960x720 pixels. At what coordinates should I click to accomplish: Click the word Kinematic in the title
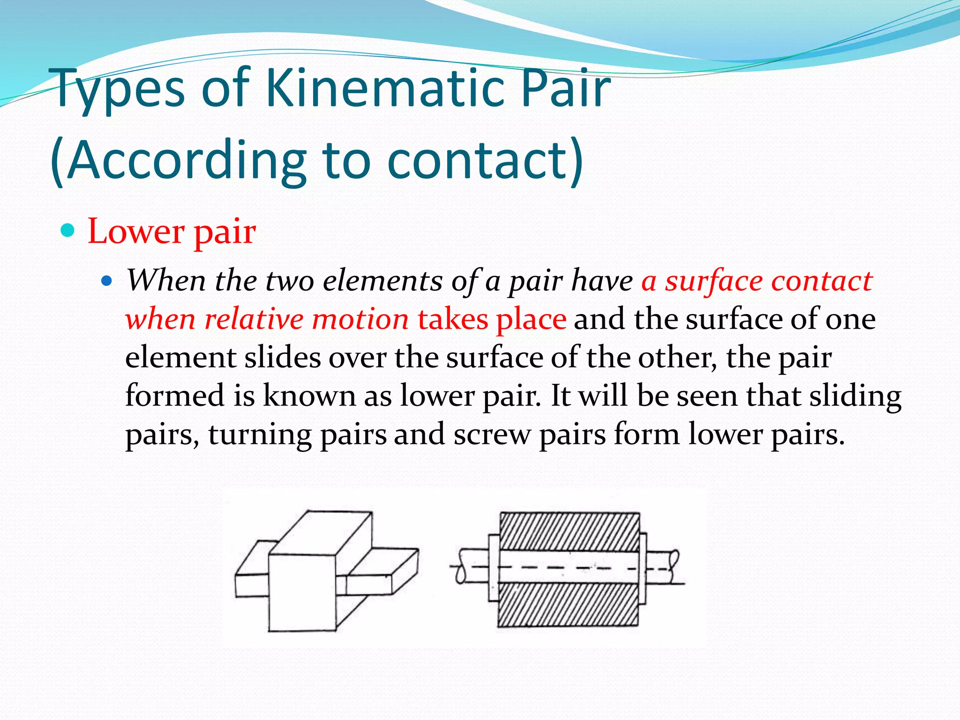click(x=390, y=89)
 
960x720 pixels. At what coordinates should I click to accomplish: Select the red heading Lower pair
click(x=172, y=231)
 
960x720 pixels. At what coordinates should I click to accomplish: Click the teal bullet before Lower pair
click(x=68, y=230)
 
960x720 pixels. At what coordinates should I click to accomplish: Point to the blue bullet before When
click(x=107, y=281)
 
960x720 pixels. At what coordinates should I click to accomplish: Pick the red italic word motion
click(x=360, y=320)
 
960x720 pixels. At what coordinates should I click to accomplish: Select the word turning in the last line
click(x=260, y=435)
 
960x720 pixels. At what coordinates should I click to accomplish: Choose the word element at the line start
click(x=180, y=358)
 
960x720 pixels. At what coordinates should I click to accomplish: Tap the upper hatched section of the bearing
click(x=569, y=531)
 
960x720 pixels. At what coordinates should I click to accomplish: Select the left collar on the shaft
click(x=494, y=567)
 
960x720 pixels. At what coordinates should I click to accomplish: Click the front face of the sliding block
click(x=302, y=592)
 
